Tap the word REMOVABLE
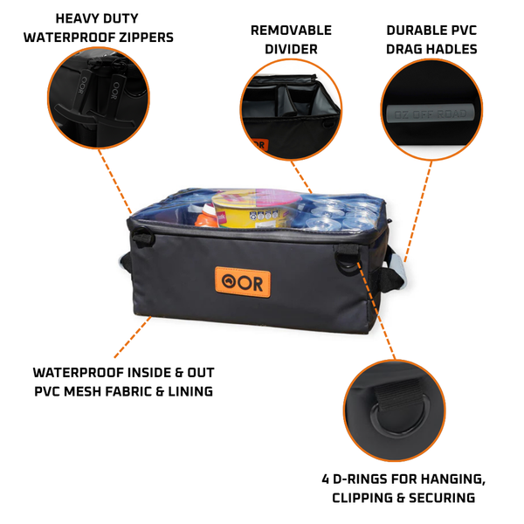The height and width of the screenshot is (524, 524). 291,30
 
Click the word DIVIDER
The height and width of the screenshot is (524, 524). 291,49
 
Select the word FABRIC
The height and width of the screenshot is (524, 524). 143,392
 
